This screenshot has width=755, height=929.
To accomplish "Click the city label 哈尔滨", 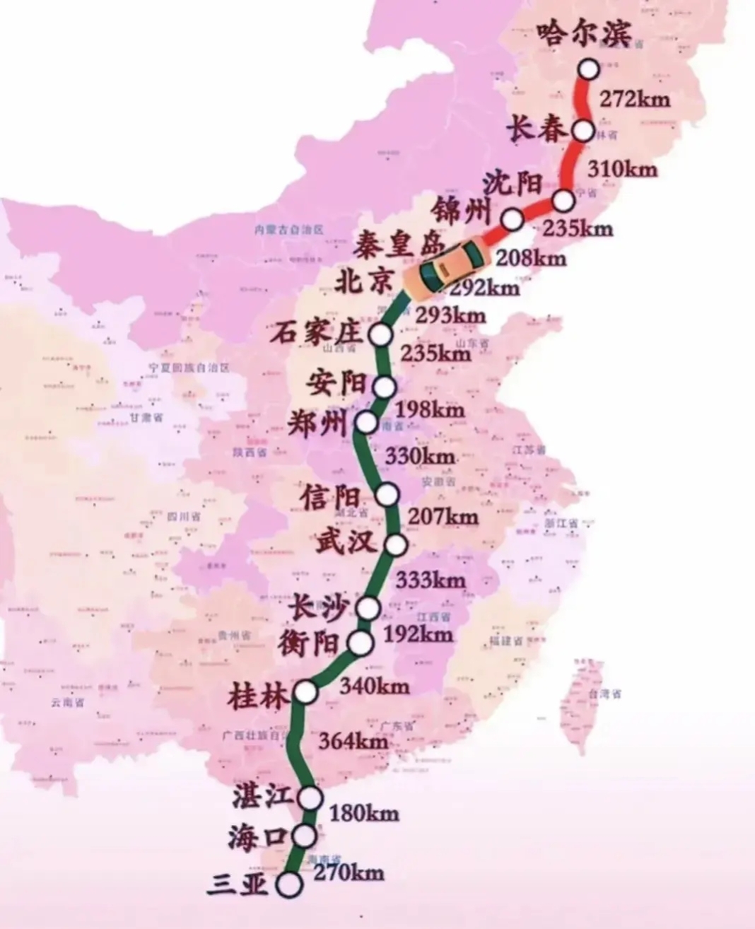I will pos(583,32).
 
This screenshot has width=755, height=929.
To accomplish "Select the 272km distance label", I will pos(633,98).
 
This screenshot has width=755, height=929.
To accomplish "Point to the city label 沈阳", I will pos(513,185).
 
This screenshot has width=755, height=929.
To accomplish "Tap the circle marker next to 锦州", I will pos(513,221).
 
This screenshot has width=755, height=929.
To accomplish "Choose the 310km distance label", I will pos(621,169).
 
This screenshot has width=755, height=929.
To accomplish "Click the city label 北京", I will pos(363,282).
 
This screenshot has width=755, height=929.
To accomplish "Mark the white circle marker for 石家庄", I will pos(381,334).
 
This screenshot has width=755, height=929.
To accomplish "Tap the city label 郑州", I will pos(319,424).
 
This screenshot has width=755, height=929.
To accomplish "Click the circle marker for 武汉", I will pos(396,544).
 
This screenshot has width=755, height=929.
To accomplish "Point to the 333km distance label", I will pos(430,580).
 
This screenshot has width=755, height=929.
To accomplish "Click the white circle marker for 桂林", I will pos(305,693).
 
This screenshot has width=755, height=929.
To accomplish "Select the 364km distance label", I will pos(353,742).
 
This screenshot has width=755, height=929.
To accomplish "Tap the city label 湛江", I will pos(261,797).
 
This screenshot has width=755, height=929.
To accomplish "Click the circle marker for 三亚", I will pos(289,884).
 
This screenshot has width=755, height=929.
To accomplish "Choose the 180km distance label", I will pos(363,813).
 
